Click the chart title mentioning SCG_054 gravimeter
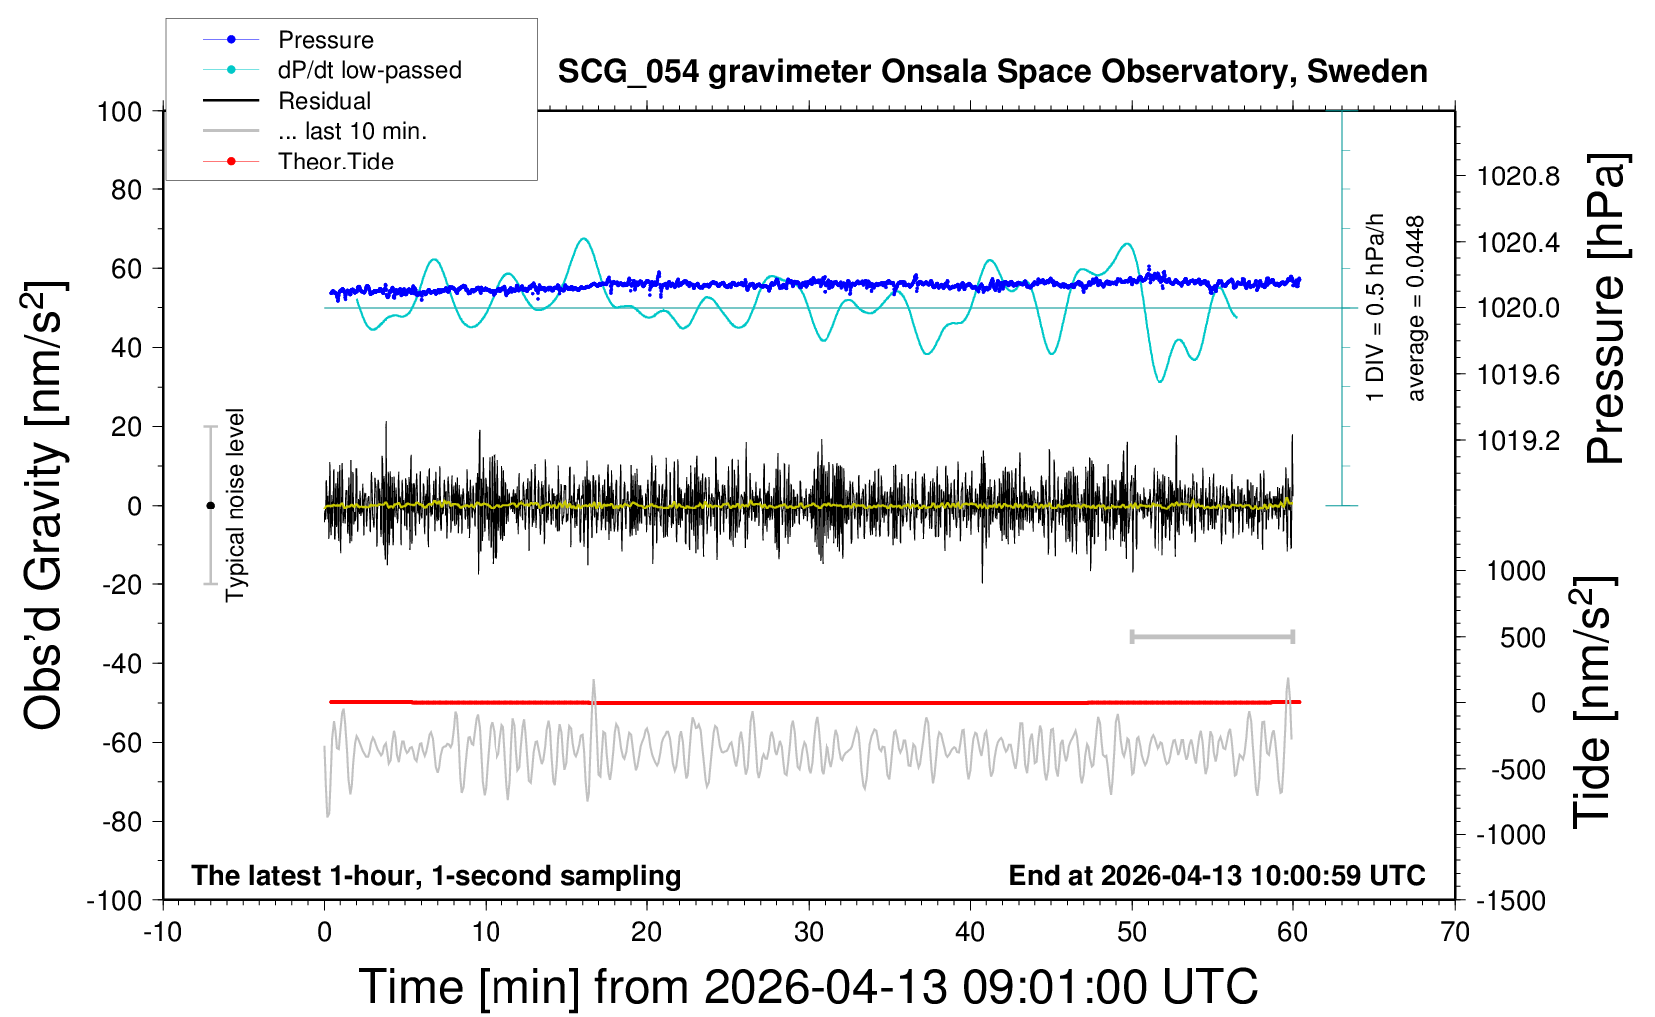[x=992, y=71]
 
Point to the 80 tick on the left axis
[x=126, y=190]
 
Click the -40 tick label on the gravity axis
[x=122, y=663]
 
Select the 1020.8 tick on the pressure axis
[x=1518, y=176]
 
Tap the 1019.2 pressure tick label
[x=1518, y=441]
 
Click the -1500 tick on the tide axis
[x=1510, y=901]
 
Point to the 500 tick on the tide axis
[x=1523, y=637]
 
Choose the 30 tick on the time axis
[x=809, y=932]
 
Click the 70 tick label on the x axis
[x=1454, y=932]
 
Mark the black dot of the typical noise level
[x=210, y=506]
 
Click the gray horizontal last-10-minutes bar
[x=1211, y=637]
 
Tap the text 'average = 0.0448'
[x=1414, y=308]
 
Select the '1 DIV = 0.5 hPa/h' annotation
[x=1374, y=308]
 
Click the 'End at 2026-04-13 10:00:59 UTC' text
[x=1217, y=875]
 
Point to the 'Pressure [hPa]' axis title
[x=1606, y=308]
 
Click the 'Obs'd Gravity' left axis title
[x=44, y=506]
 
